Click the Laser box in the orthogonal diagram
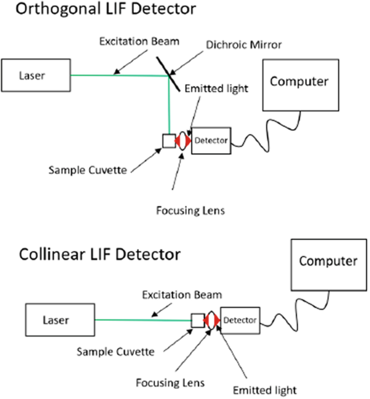click(x=37, y=75)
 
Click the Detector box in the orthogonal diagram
click(x=211, y=141)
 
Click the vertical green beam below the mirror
click(x=169, y=105)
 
